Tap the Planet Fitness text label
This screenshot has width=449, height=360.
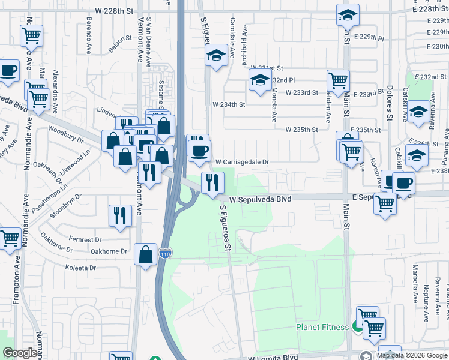point(322,327)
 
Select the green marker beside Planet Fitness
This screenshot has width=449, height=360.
point(357,327)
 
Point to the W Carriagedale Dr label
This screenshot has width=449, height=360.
point(241,162)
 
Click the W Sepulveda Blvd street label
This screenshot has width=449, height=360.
point(260,198)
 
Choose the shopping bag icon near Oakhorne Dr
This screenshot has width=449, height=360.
point(146,254)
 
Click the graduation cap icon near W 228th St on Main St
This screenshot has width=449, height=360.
point(347,16)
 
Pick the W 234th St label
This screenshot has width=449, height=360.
point(229,104)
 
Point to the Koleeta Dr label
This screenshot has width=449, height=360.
point(81,268)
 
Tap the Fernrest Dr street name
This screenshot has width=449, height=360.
point(83,239)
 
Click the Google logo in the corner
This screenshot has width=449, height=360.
point(20,353)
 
